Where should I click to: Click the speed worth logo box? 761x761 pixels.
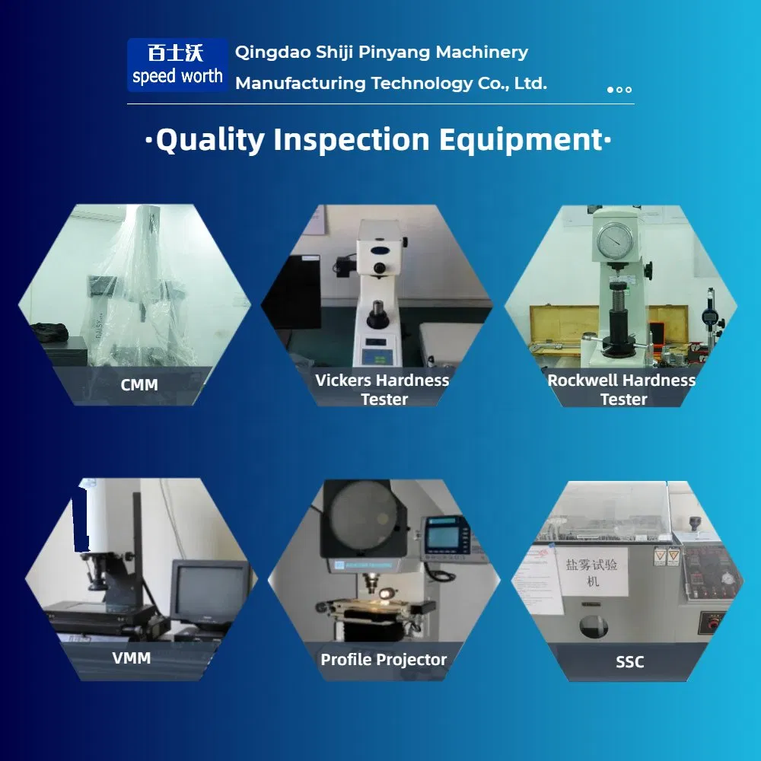point(177,65)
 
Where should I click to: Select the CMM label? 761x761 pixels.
point(139,385)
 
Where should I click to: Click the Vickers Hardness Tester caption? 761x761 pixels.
point(383,389)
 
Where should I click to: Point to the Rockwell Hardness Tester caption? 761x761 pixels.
point(622,389)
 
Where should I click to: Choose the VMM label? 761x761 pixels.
point(131,658)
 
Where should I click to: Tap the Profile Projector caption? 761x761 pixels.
point(384,660)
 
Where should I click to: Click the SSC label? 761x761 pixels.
point(629,662)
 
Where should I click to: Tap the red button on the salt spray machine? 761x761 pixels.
point(713,624)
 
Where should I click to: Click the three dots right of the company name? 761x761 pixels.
point(619,90)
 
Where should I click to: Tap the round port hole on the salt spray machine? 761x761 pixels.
point(593,626)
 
